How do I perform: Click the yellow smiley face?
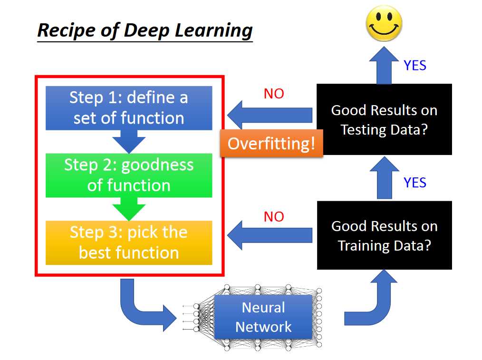pyautogui.click(x=384, y=23)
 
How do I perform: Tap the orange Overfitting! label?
pyautogui.click(x=271, y=143)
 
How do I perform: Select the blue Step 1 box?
pyautogui.click(x=129, y=108)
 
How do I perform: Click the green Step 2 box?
pyautogui.click(x=129, y=175)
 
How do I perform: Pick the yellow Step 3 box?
pyautogui.click(x=129, y=243)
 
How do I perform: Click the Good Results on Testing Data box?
pyautogui.click(x=384, y=119)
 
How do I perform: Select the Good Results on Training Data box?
pyautogui.click(x=384, y=235)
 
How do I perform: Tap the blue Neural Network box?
pyautogui.click(x=263, y=317)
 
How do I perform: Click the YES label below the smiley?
pyautogui.click(x=415, y=66)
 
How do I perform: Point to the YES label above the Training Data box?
pyautogui.click(x=415, y=183)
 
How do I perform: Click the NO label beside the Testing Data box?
pyautogui.click(x=274, y=94)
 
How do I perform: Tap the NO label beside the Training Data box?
pyautogui.click(x=274, y=217)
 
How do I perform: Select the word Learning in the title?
pyautogui.click(x=213, y=31)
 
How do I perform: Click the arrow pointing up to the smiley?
pyautogui.click(x=384, y=65)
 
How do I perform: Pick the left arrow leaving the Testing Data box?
pyautogui.click(x=270, y=115)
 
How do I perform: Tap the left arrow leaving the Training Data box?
pyautogui.click(x=270, y=235)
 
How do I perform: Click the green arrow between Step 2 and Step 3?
pyautogui.click(x=129, y=209)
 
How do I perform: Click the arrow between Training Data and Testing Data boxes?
pyautogui.click(x=384, y=178)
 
